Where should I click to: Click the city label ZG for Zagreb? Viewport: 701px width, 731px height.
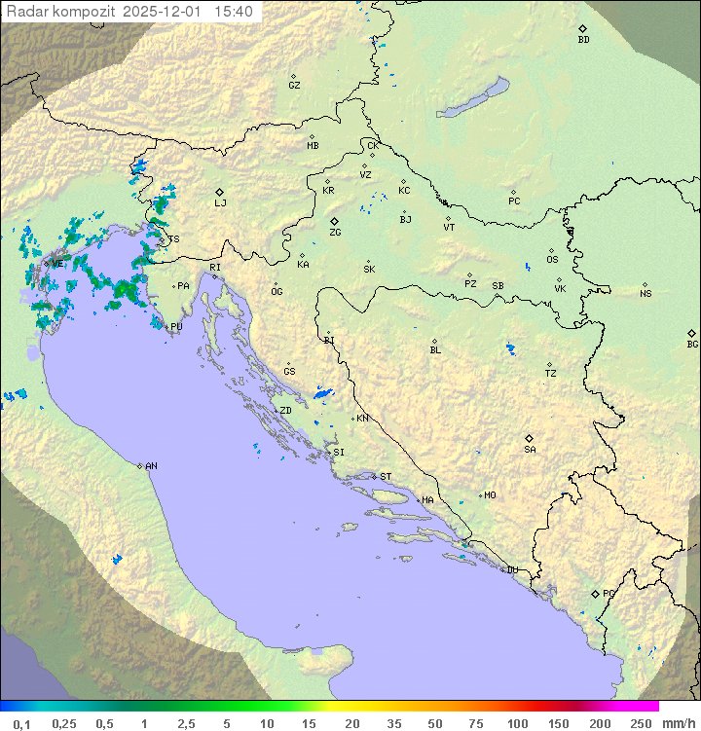click(335, 233)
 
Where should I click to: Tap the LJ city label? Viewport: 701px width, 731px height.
click(220, 203)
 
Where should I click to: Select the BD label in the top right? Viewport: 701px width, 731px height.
click(583, 40)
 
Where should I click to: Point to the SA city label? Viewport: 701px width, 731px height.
click(530, 449)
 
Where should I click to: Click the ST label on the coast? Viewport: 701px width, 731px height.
click(386, 477)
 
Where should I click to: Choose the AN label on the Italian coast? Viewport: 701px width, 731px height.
click(151, 466)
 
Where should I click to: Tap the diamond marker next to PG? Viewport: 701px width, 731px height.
click(595, 593)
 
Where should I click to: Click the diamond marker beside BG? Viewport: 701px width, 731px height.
click(692, 333)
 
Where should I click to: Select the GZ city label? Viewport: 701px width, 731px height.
click(294, 86)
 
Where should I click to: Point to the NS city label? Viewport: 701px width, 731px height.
click(646, 294)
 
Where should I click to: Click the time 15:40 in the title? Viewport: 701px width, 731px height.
click(234, 12)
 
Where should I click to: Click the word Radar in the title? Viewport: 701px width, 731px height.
click(25, 12)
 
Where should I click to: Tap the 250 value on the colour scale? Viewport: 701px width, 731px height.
click(641, 723)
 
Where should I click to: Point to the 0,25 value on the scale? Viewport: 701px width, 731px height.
click(64, 723)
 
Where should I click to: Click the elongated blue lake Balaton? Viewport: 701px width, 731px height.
click(474, 98)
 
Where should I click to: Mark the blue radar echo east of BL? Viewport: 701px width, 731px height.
click(509, 347)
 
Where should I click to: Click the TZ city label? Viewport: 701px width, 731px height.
click(551, 374)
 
